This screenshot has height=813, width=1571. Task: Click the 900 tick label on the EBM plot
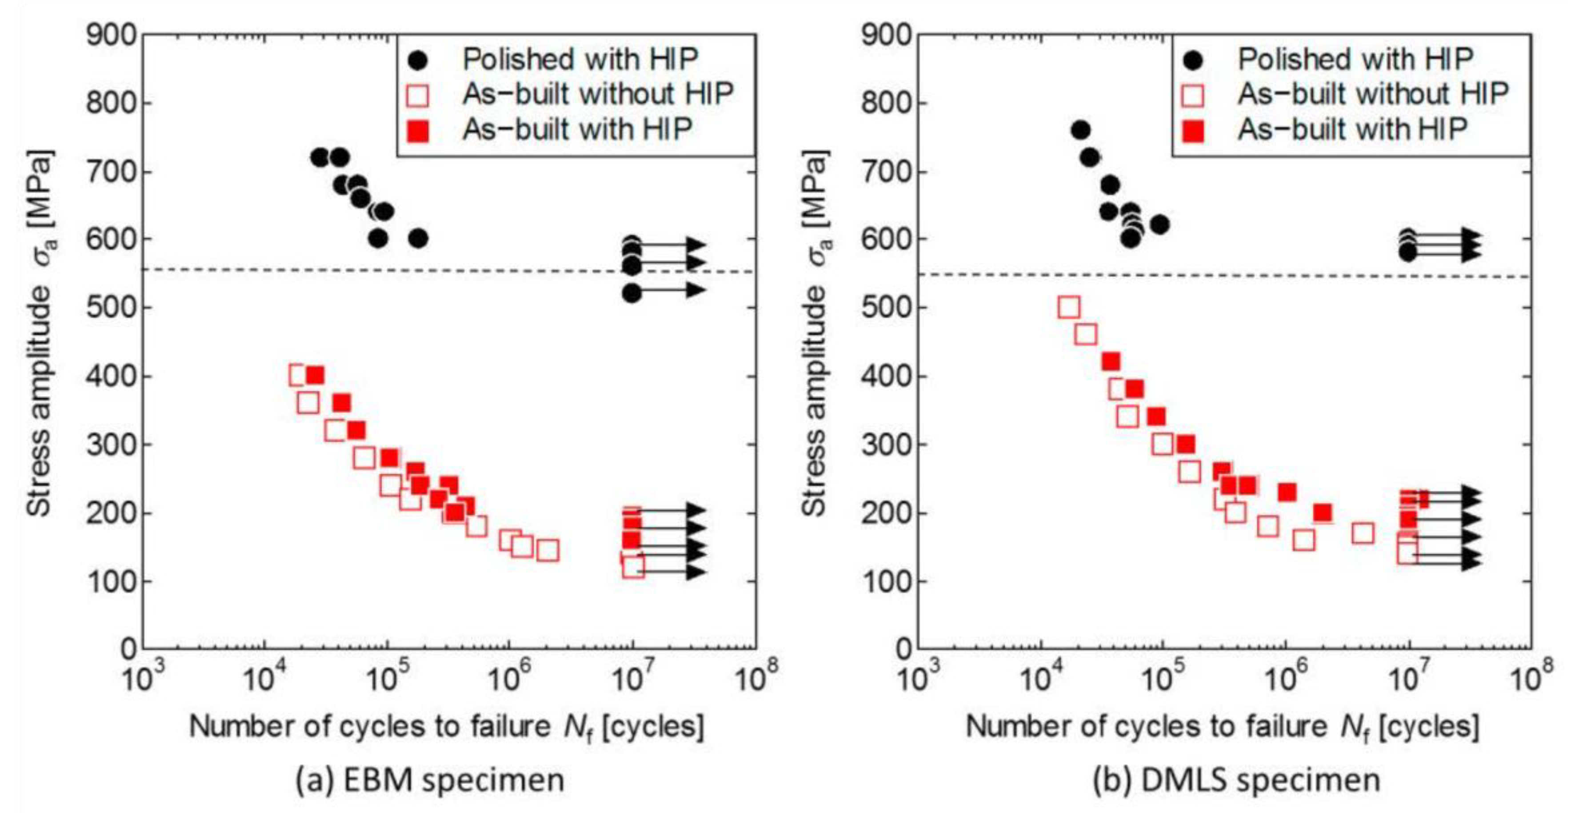click(111, 36)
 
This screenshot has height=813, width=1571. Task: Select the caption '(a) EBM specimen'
click(430, 780)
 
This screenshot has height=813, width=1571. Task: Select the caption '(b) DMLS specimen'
click(1235, 780)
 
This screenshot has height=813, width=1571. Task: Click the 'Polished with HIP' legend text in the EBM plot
click(580, 59)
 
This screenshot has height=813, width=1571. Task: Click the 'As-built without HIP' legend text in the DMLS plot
click(1373, 94)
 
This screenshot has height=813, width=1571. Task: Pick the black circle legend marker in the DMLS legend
click(1194, 60)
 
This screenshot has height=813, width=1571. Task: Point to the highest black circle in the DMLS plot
click(1080, 130)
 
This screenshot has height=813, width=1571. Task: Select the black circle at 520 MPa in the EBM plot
click(632, 293)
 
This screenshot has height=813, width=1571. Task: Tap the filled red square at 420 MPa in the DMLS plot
click(1111, 362)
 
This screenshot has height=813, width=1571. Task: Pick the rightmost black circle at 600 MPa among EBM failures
click(418, 238)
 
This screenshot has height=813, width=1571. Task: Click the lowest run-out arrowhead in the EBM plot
click(695, 572)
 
